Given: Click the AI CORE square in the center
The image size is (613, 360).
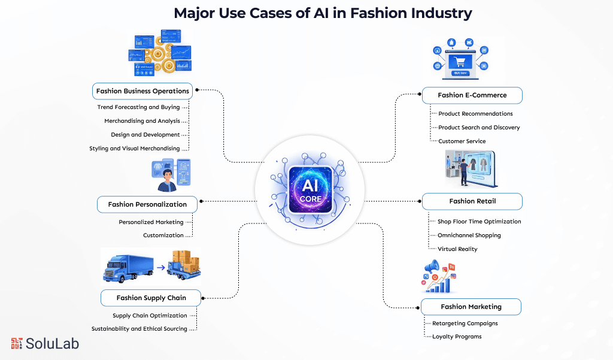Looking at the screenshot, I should (306, 190).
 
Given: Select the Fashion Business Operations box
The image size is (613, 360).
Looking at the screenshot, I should (142, 91).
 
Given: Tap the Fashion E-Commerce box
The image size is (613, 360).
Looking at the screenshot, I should (472, 95).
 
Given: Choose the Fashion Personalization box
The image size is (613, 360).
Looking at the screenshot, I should (147, 204).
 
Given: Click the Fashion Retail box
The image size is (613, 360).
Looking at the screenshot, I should (472, 201).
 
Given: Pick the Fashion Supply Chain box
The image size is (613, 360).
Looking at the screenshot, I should (151, 298).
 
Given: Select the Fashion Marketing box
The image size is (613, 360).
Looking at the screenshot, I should (471, 307).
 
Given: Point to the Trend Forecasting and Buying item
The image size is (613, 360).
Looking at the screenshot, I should (138, 107).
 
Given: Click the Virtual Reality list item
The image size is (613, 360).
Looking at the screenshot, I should (457, 249).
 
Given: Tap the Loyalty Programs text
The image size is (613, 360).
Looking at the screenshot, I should (457, 337).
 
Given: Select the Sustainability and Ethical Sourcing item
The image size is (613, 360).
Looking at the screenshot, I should (139, 329).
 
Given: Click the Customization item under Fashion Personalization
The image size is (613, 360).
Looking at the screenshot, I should (163, 235).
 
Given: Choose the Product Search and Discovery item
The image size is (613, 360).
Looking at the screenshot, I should (479, 128).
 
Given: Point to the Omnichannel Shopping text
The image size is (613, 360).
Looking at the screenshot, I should (469, 235).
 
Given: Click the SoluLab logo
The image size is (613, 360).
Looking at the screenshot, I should (45, 343).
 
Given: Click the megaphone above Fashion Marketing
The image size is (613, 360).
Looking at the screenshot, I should (432, 267).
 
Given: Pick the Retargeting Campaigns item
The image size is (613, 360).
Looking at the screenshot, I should (465, 323).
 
